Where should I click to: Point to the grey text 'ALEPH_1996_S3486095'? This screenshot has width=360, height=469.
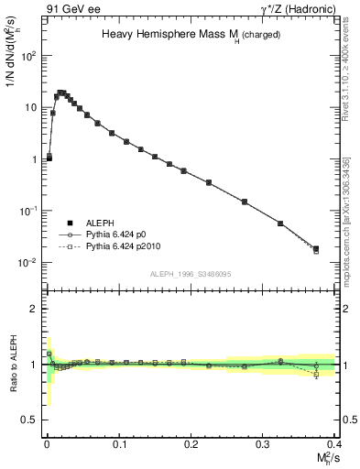pos(190,274)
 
